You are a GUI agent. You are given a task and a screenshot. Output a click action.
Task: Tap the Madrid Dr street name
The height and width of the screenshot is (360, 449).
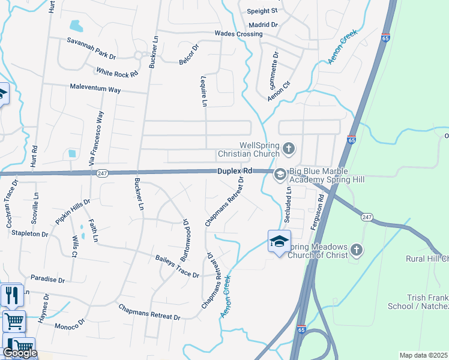point(264,25)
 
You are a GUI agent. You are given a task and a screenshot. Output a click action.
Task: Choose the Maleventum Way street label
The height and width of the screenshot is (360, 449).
point(95,89)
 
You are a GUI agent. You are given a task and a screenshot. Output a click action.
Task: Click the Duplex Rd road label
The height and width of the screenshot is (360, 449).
point(234,171)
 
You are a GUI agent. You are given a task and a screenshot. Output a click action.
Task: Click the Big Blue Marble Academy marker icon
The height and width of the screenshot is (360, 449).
point(279,175)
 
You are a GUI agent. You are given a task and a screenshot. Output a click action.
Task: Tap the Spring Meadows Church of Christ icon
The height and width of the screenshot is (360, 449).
point(356,249)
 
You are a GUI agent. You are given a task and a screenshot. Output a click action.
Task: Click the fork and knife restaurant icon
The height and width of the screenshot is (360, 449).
point(12,295)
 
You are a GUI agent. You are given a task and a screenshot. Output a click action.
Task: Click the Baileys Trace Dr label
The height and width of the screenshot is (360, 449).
point(176,266)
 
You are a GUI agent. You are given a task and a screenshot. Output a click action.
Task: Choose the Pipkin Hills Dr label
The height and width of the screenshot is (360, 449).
point(73,212)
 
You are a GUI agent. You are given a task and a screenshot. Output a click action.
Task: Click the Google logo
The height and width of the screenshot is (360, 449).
point(20,353)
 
